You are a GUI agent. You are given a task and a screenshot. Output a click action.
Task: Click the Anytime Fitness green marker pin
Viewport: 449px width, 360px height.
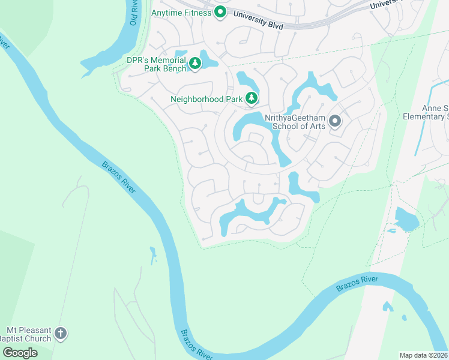pyautogui.click(x=220, y=11)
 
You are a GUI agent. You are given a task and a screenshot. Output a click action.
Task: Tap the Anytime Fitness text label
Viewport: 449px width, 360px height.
pyautogui.click(x=182, y=12)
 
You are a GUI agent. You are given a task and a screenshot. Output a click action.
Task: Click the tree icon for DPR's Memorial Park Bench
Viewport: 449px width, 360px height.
pyautogui.click(x=195, y=62)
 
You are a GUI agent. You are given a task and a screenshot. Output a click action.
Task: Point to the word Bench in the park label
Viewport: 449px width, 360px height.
pyautogui.click(x=175, y=69)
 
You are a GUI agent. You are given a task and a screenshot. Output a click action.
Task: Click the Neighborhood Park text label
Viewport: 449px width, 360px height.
pyautogui.click(x=206, y=98)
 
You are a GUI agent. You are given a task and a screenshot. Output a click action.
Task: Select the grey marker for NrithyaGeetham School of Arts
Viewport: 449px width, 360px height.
pyautogui.click(x=335, y=122)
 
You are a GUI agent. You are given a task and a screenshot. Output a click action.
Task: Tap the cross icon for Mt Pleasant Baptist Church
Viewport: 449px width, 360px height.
pyautogui.click(x=60, y=332)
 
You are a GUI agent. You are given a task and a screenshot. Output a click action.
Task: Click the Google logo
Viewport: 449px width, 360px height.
pyautogui.click(x=20, y=352)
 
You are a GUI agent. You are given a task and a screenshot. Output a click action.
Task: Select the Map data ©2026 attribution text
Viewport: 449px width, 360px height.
pyautogui.click(x=424, y=355)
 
